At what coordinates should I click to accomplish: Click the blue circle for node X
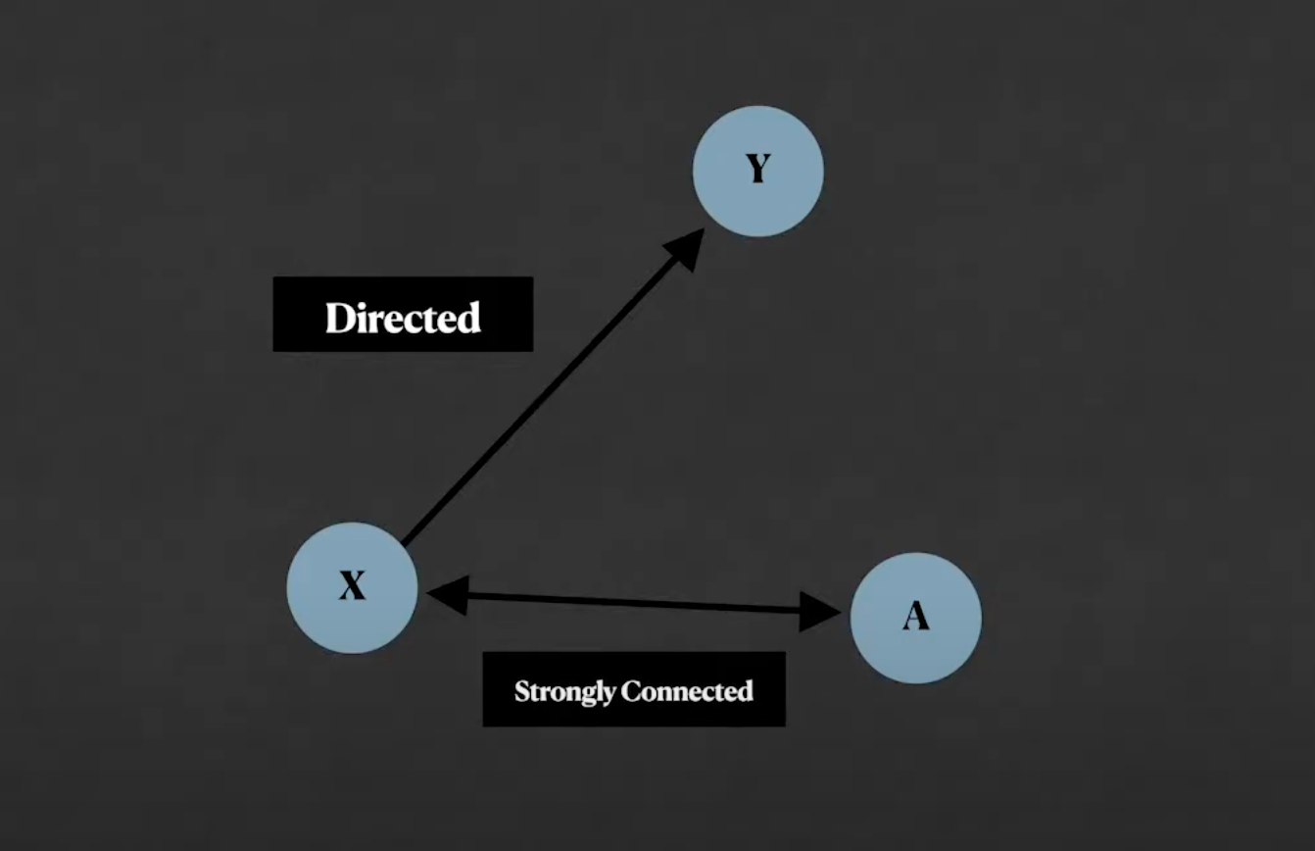[352, 588]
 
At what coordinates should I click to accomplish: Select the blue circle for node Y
[757, 171]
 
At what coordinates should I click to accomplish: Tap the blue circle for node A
[916, 618]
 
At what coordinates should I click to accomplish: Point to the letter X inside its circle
[352, 585]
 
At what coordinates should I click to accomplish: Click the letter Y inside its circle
[757, 169]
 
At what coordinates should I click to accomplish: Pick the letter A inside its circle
[916, 616]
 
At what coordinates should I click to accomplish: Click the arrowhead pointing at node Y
[687, 248]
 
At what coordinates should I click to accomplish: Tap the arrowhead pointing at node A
[819, 612]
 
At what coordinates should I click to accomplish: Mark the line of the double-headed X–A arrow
[634, 603]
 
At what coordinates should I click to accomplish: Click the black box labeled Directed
[404, 314]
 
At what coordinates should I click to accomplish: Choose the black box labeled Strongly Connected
[634, 689]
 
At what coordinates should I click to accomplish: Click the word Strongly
[564, 692]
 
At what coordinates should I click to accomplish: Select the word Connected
[687, 690]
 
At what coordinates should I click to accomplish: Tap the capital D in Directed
[340, 318]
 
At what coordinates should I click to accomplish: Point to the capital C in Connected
[632, 691]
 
